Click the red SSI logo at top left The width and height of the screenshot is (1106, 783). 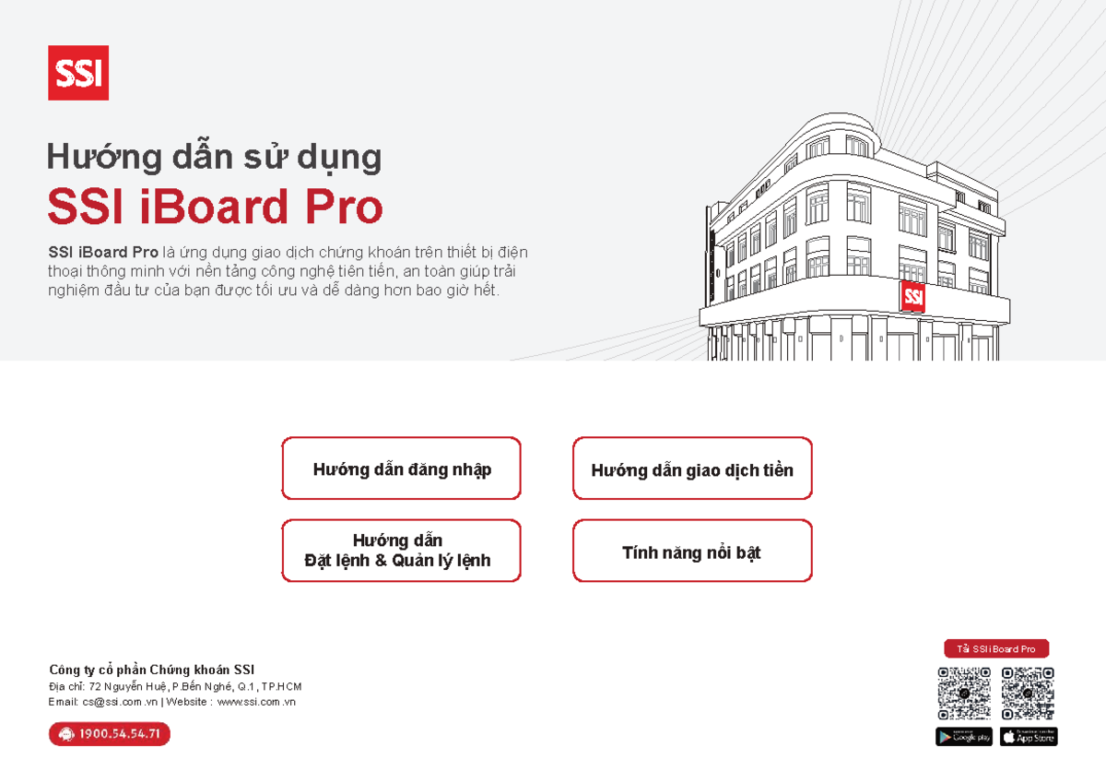[x=78, y=73]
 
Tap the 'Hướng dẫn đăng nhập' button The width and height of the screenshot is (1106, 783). [x=401, y=469]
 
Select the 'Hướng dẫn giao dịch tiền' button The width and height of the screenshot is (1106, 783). [x=692, y=469]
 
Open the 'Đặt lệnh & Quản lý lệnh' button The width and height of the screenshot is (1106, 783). [x=401, y=551]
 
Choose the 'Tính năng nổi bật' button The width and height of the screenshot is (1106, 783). [x=692, y=552]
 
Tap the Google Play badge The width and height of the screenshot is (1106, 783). [x=964, y=736]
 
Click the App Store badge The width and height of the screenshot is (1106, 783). [x=1029, y=736]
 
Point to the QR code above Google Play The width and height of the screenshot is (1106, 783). [x=964, y=694]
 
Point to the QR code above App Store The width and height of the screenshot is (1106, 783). [x=1029, y=694]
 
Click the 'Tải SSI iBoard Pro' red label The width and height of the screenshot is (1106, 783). [x=996, y=649]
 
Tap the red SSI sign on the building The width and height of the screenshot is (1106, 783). [x=912, y=296]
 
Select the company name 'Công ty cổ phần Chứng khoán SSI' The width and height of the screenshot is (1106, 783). [x=151, y=670]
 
